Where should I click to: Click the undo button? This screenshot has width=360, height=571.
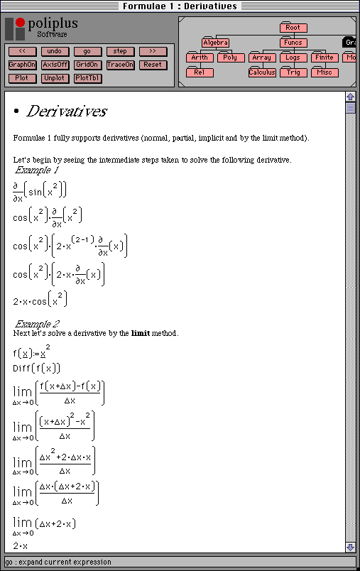55,51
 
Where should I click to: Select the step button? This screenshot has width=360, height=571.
120,51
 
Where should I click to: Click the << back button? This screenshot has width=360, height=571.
22,51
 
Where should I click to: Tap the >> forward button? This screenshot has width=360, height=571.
153,51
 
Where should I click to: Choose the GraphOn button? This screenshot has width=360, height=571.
22,65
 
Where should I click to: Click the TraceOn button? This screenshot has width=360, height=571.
120,65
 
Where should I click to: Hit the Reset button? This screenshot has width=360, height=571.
153,65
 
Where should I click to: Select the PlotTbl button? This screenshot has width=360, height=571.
87,78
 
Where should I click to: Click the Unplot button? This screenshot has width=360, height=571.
55,78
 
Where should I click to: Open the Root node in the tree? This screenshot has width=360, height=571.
293,28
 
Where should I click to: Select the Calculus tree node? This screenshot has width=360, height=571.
262,72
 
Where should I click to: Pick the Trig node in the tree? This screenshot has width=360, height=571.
293,72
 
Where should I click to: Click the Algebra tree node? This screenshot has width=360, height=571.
215,43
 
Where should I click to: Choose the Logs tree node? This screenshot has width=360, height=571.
293,58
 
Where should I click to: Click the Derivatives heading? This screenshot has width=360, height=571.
67,112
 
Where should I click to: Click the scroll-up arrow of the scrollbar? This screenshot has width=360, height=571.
350,97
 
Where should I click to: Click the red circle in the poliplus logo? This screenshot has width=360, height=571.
20,23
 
